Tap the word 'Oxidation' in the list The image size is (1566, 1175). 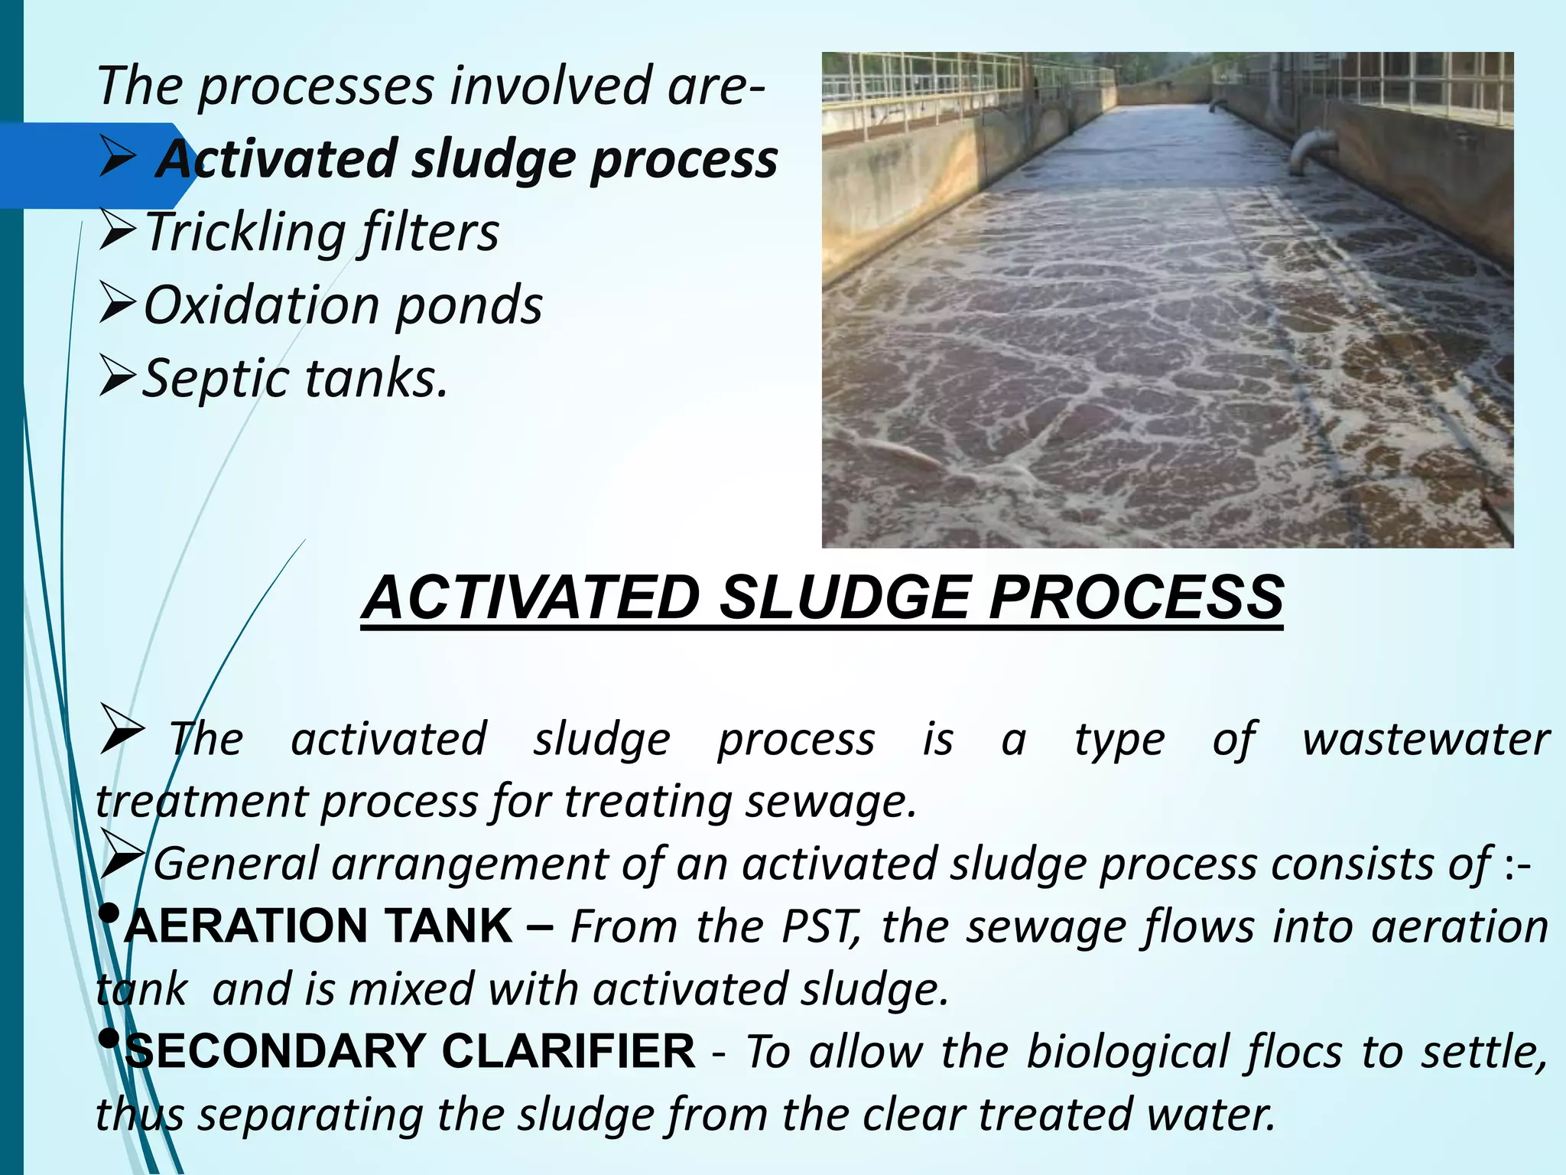click(259, 305)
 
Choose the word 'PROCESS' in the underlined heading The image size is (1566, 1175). click(1136, 597)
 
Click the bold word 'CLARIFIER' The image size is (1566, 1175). click(568, 1051)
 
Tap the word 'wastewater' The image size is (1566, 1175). click(1425, 740)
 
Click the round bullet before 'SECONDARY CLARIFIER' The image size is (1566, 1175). click(109, 1039)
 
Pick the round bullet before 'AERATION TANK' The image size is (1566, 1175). click(109, 913)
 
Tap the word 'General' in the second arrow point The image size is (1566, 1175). click(236, 864)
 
